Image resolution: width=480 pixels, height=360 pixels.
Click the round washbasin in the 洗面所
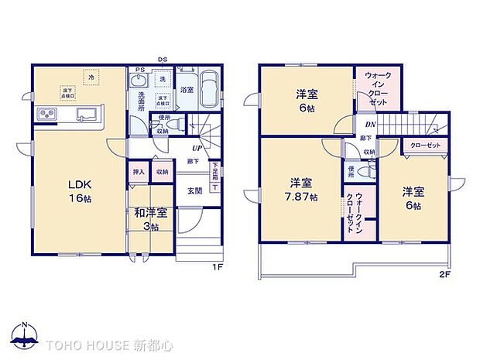tap(139, 81)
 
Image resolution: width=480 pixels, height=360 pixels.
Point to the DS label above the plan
tap(163, 60)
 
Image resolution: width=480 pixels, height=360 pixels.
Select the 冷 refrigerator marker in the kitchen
tap(91, 78)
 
